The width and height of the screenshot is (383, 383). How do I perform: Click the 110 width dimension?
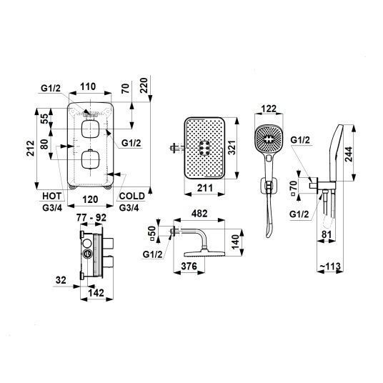[88, 86]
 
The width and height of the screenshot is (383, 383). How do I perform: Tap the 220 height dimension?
[144, 85]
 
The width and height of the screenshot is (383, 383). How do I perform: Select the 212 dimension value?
[31, 148]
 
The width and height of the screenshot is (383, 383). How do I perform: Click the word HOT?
[52, 196]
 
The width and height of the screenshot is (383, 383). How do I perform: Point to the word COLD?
[132, 196]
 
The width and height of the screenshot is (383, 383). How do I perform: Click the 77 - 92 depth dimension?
[91, 217]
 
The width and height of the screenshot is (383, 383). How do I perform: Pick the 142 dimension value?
[96, 293]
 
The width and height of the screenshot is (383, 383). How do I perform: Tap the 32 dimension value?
[61, 280]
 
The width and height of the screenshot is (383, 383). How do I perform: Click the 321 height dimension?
[232, 147]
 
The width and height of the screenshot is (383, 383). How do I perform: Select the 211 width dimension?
[204, 188]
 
